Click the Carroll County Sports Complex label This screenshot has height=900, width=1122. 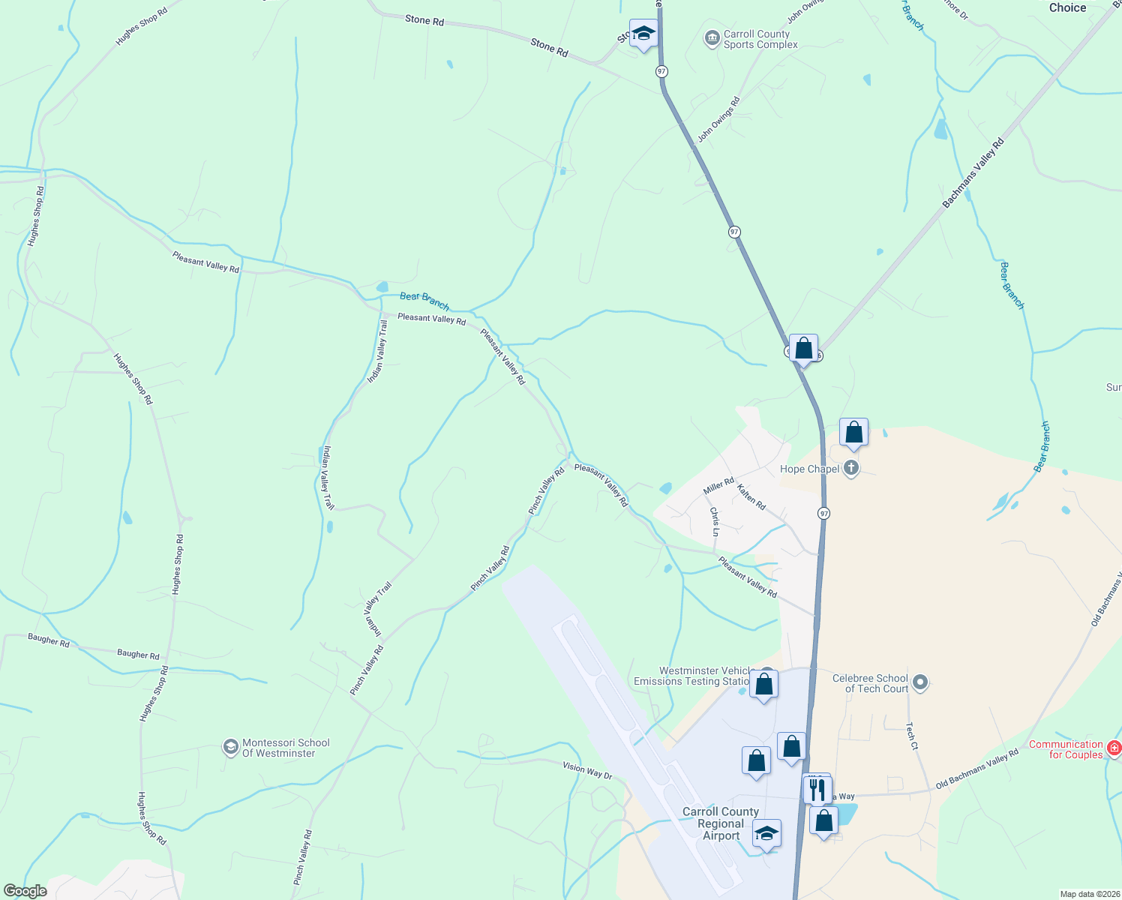click(x=757, y=40)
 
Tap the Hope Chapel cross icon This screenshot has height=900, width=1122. click(x=850, y=469)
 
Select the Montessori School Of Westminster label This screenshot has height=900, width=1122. click(x=286, y=748)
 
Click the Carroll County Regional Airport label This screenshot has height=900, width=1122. click(x=720, y=823)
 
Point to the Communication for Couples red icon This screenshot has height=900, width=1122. click(x=1114, y=748)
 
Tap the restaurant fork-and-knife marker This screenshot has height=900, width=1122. click(x=817, y=789)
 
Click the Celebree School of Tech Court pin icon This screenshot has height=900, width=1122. click(x=921, y=682)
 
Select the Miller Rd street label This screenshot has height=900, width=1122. click(x=718, y=486)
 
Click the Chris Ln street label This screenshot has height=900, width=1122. click(x=715, y=522)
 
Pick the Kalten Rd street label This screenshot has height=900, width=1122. click(x=751, y=497)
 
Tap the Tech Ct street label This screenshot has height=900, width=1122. click(x=911, y=736)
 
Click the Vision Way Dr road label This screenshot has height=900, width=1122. click(x=587, y=770)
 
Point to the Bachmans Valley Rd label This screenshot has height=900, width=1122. click(x=973, y=173)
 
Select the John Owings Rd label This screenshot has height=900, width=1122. click(x=718, y=119)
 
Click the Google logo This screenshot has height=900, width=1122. click(x=25, y=891)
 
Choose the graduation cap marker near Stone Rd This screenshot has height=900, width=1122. click(x=643, y=33)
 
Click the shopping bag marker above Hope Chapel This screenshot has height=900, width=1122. click(x=853, y=432)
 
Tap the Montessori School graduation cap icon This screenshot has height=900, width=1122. click(x=231, y=747)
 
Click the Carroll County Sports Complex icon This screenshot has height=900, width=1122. click(x=712, y=38)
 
